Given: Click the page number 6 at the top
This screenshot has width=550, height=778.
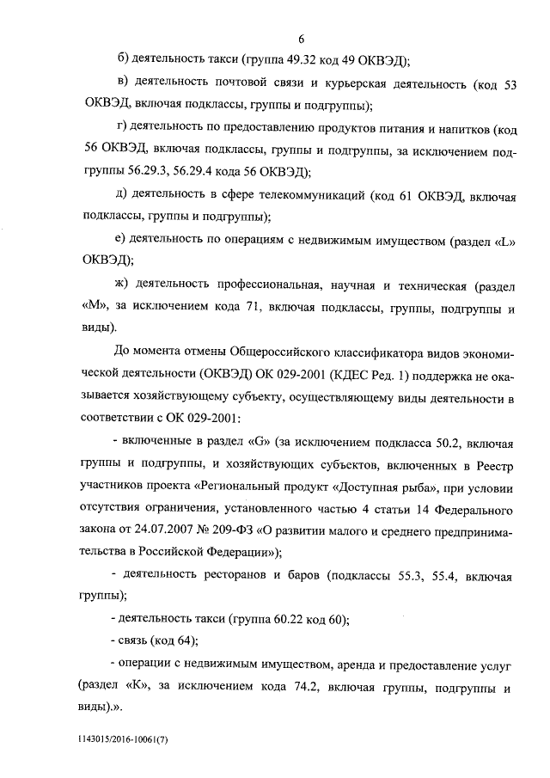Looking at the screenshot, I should (x=302, y=38).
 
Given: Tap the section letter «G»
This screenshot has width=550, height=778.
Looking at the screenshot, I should (x=259, y=444).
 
